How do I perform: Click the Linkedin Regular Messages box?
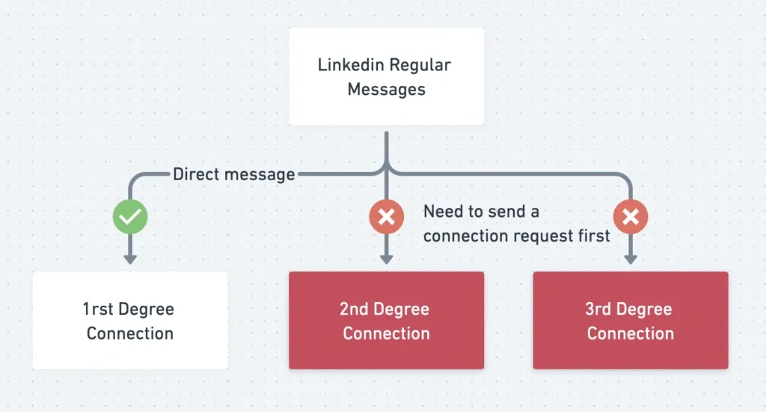point(386,76)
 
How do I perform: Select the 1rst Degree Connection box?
point(130,320)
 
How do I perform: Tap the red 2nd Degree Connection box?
point(386,320)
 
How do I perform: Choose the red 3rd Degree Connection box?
point(630,320)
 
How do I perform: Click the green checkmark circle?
point(130,218)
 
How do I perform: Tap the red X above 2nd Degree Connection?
point(386,218)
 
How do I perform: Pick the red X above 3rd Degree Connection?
point(630,218)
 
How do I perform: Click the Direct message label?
point(233,175)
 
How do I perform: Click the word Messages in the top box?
point(386,90)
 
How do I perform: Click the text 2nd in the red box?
point(354,309)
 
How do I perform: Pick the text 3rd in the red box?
point(598,309)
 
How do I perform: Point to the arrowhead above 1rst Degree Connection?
point(130,259)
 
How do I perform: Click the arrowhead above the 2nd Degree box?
point(386,259)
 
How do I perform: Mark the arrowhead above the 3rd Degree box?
point(630,259)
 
